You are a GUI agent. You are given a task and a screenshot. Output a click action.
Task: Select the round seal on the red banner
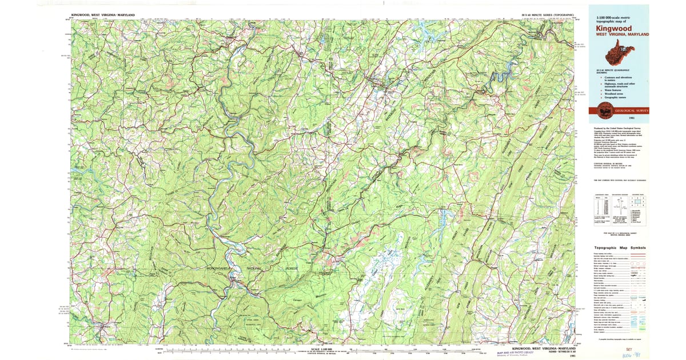click(x=604, y=110)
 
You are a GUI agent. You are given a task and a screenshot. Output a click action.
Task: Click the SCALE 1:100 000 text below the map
click(x=322, y=349)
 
